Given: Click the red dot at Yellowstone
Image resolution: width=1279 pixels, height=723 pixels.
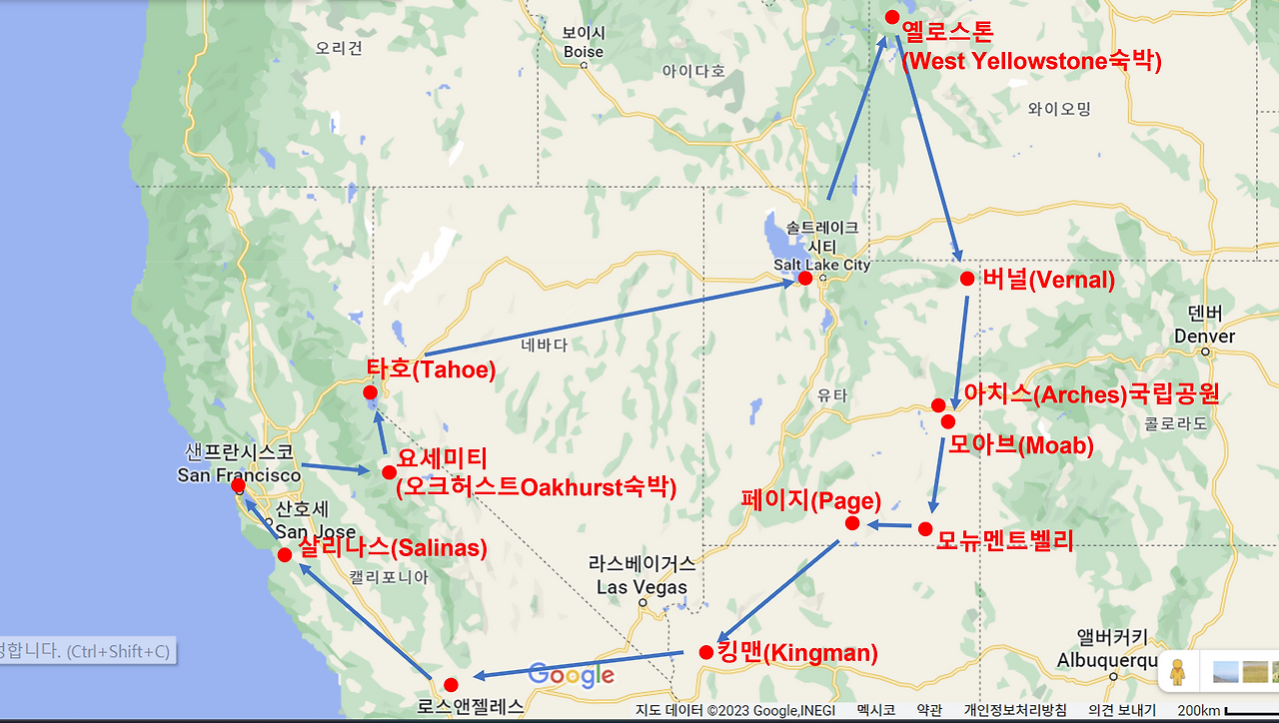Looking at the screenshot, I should click(x=892, y=17).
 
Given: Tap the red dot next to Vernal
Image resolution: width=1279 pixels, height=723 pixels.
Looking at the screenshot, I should click(x=966, y=279).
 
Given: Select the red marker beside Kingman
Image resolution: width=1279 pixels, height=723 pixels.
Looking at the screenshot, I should click(x=706, y=652).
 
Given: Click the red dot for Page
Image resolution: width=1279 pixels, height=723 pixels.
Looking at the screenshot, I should click(x=852, y=523).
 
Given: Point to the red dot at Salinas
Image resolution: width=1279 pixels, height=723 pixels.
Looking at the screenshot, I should click(x=285, y=554).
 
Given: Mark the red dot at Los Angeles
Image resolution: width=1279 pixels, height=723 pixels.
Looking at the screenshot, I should click(x=451, y=684).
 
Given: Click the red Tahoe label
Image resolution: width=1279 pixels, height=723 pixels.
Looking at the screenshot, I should click(x=431, y=369).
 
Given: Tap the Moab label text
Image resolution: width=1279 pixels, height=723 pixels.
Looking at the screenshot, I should click(x=1020, y=445).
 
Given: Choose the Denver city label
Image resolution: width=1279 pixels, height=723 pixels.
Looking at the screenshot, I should click(x=1204, y=337).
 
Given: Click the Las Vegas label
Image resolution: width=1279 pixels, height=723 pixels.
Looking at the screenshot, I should click(x=641, y=587).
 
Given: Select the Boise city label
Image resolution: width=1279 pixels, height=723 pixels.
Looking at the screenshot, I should click(x=584, y=52).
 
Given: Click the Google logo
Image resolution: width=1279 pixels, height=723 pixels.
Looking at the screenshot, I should click(x=571, y=675).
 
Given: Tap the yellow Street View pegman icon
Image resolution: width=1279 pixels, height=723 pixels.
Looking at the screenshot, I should click(x=1178, y=672).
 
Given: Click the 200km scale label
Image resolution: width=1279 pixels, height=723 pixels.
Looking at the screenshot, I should click(x=1199, y=710).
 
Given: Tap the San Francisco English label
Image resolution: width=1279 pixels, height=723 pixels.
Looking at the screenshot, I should click(x=239, y=475).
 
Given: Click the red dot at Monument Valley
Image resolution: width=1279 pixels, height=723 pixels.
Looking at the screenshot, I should click(x=925, y=528).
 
